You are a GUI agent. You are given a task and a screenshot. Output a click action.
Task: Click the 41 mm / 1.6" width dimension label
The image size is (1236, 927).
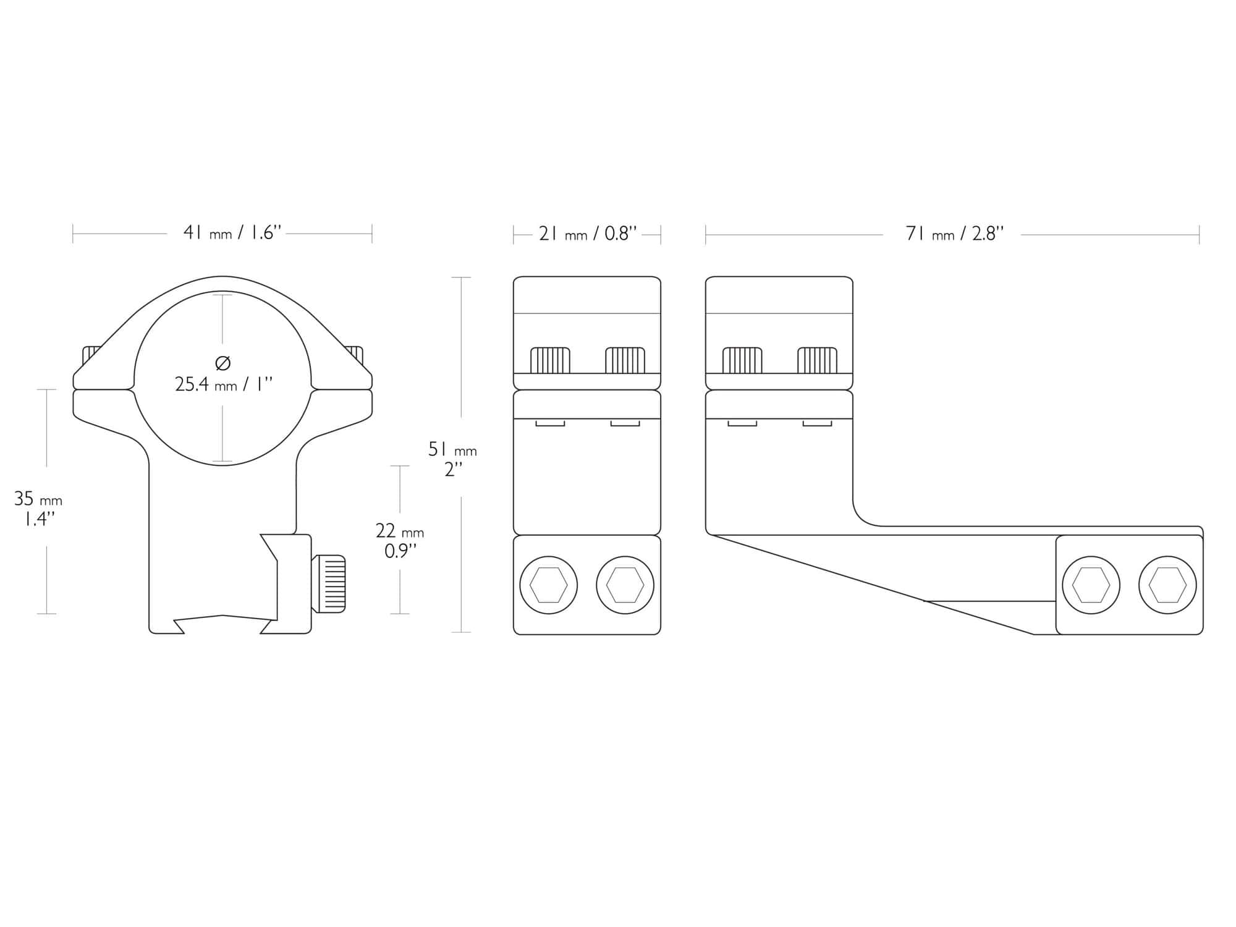pyautogui.click(x=232, y=234)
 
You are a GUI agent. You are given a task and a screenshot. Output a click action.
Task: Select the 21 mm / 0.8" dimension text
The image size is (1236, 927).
pyautogui.click(x=587, y=234)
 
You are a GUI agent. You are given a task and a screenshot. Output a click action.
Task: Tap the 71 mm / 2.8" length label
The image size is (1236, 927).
pyautogui.click(x=954, y=234)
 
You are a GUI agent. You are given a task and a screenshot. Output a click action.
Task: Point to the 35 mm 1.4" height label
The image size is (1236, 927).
pyautogui.click(x=38, y=508)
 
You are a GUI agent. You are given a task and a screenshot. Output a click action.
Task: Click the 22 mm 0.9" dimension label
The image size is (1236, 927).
pyautogui.click(x=400, y=541)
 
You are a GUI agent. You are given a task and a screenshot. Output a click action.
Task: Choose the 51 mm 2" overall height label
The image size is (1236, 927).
pyautogui.click(x=452, y=459)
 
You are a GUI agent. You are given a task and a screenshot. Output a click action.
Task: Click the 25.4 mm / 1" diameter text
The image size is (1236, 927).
pyautogui.click(x=224, y=385)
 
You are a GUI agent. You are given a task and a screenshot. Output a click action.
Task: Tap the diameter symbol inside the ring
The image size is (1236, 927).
pyautogui.click(x=223, y=362)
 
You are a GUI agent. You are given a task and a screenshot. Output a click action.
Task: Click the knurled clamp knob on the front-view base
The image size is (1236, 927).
pyautogui.click(x=329, y=584)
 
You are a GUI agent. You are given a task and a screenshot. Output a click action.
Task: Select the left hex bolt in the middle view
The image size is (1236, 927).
pyautogui.click(x=549, y=585)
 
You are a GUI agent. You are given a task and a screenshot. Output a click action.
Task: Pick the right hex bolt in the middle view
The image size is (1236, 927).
pyautogui.click(x=625, y=585)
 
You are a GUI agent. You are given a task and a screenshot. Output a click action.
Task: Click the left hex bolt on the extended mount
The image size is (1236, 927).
pyautogui.click(x=1091, y=585)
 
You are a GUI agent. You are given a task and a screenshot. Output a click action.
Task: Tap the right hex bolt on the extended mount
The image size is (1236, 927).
pyautogui.click(x=1167, y=585)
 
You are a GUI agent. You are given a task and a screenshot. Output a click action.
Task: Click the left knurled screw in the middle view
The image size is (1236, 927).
pyautogui.click(x=550, y=361)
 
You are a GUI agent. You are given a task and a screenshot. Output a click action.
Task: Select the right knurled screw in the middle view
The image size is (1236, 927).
pyautogui.click(x=625, y=361)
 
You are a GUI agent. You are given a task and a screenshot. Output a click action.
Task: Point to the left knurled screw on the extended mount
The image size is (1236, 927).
pyautogui.click(x=742, y=361)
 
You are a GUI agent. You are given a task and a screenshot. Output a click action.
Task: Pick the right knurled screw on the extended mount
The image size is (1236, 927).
pyautogui.click(x=817, y=361)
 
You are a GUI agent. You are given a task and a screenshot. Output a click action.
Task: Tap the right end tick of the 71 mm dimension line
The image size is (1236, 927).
pyautogui.click(x=1199, y=235)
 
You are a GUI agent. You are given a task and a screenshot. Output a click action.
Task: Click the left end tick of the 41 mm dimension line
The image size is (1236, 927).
pyautogui.click(x=73, y=234)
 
